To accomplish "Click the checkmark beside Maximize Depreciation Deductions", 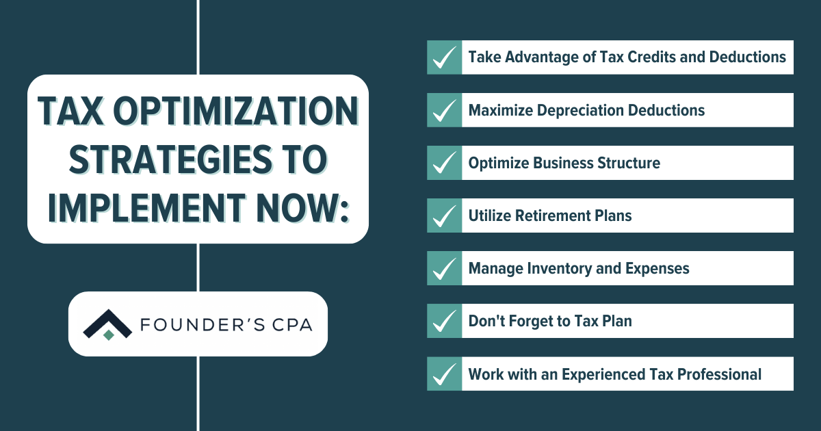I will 445,110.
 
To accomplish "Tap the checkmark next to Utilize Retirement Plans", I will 445,215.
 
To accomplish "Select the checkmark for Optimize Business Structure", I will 445,163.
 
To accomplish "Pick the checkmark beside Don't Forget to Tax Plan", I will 445,321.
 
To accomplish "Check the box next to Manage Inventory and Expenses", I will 445,268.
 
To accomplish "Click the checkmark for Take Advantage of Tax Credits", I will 445,57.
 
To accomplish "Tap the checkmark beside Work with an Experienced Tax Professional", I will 445,374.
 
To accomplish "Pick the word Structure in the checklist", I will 630,163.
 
